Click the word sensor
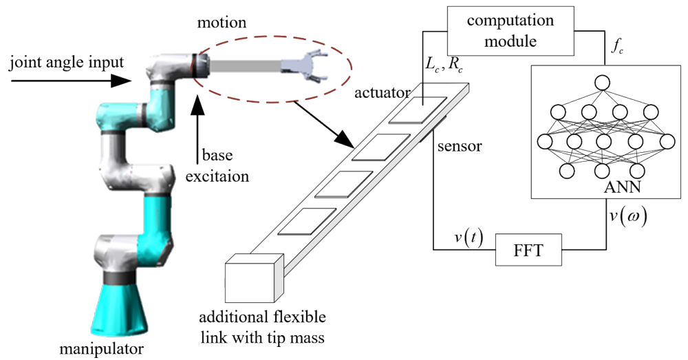pyautogui.click(x=459, y=146)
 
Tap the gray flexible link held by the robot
pyautogui.click(x=244, y=66)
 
